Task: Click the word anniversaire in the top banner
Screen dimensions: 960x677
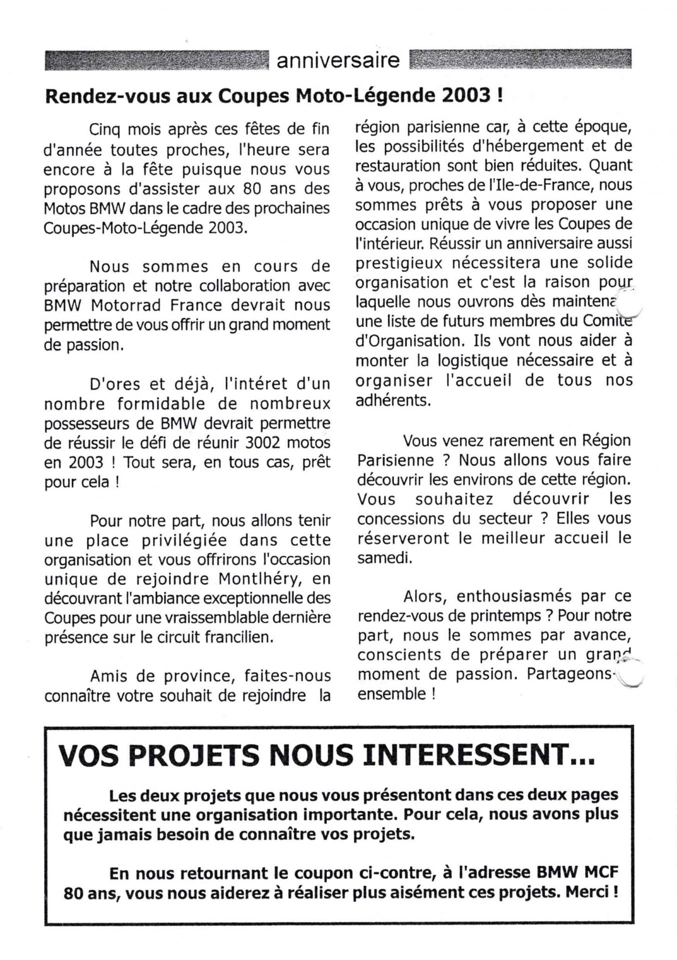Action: pos(338,60)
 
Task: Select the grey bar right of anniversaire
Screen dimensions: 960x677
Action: pos(520,59)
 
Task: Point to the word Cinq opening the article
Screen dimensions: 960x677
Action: pos(106,129)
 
